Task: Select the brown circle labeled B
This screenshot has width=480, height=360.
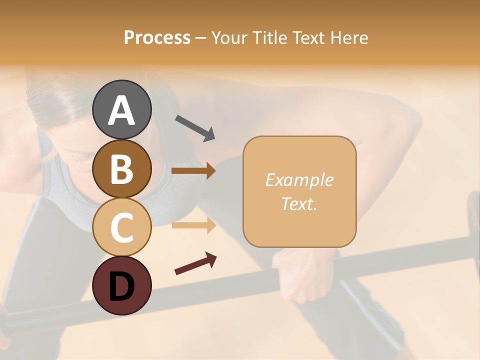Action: [121, 169]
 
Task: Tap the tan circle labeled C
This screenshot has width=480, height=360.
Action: [121, 227]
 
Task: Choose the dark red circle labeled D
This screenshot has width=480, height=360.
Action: [121, 285]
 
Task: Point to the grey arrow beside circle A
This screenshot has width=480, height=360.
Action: [195, 127]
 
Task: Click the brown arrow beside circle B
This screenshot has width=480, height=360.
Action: [193, 171]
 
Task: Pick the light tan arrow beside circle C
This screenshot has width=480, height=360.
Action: [193, 225]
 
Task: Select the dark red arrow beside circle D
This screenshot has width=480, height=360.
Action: [195, 263]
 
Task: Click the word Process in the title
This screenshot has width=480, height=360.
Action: [157, 38]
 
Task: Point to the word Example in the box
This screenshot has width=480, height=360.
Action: [299, 180]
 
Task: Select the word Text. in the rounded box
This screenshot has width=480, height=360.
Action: [299, 204]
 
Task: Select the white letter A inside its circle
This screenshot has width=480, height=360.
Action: [121, 110]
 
